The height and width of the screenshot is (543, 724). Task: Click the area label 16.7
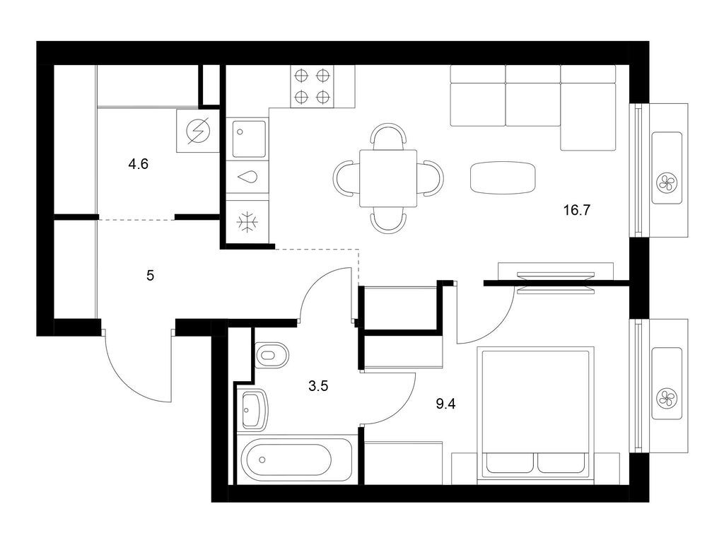pos(576,210)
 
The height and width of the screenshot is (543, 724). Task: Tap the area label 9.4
pos(445,404)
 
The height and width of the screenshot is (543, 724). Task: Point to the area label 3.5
pos(320,386)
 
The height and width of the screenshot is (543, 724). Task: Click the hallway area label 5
pos(150,275)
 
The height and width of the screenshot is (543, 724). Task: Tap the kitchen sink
pos(247,139)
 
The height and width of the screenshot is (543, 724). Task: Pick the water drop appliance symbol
pos(247,177)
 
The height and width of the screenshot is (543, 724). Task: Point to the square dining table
pos(387,178)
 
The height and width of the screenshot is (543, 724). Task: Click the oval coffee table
pos(503,177)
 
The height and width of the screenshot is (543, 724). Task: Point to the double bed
pos(535,414)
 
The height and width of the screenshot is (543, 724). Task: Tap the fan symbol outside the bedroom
pos(666,398)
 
